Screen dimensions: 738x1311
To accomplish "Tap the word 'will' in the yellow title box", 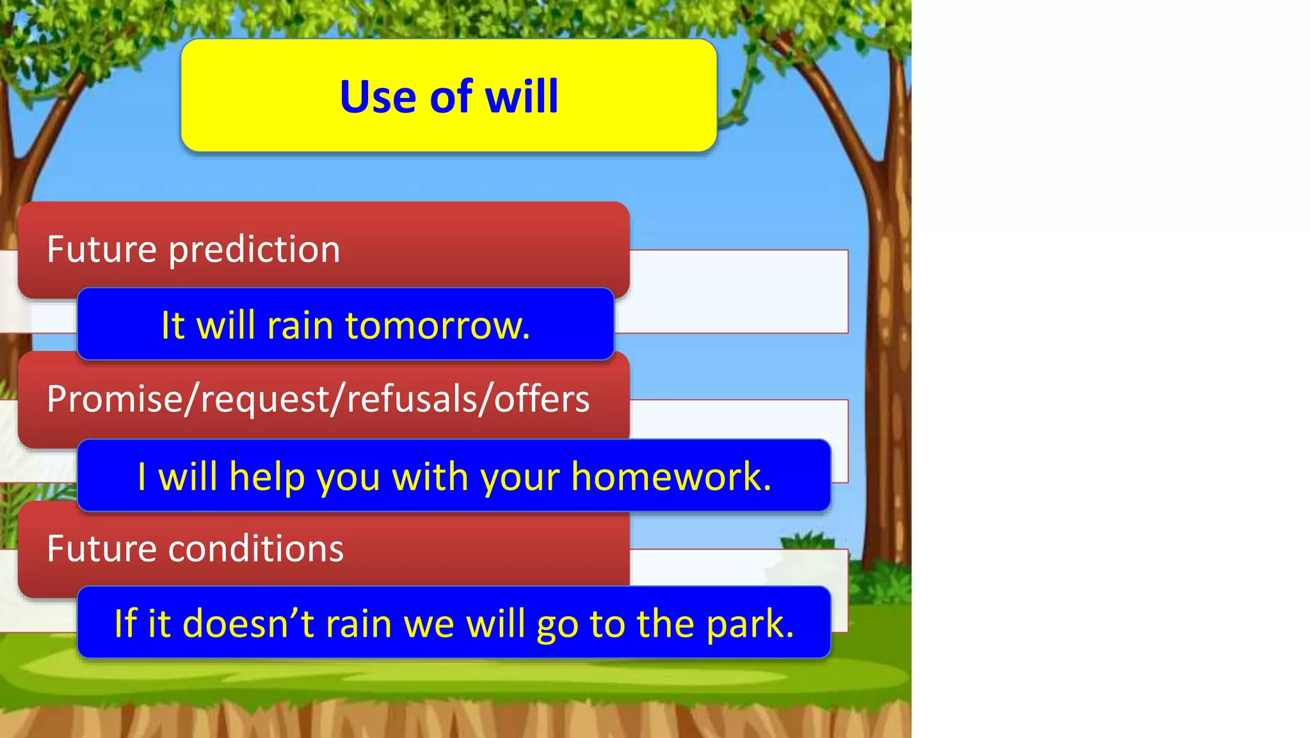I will coord(522,97).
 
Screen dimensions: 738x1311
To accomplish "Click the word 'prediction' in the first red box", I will coord(254,250).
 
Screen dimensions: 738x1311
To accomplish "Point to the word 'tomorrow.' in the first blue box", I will coord(437,325).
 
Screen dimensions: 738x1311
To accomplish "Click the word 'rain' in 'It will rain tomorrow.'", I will coord(300,325).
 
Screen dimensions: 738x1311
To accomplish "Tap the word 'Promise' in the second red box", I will coord(115,399).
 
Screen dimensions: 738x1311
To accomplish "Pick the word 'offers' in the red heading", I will coord(542,399).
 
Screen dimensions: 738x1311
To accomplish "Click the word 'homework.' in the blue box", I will coord(671,477).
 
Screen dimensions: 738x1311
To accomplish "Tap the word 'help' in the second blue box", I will coord(267,477).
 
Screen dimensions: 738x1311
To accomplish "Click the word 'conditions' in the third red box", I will coord(256,549).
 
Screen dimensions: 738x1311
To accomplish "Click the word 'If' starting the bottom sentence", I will coord(125,624).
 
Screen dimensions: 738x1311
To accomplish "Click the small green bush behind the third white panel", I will coord(807,540).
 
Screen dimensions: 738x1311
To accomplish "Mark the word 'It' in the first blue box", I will coord(173,325).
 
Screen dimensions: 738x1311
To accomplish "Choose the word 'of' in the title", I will coord(451,97).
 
